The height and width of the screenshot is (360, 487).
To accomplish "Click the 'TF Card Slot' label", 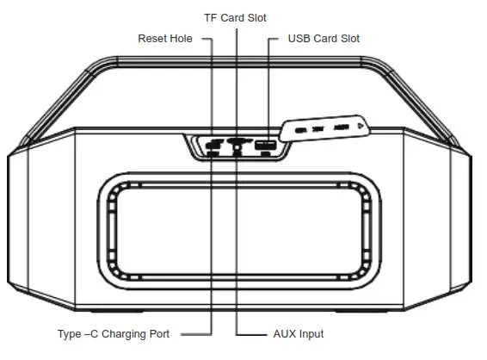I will tap(235, 17).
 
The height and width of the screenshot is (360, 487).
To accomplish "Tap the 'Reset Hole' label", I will tap(165, 39).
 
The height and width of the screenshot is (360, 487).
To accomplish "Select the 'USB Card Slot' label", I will tap(324, 39).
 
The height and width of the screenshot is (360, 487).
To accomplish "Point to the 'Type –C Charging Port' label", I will tap(113, 333).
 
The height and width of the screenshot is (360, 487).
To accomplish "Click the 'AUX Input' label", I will tap(297, 333).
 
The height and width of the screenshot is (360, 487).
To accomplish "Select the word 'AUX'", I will tap(282, 333).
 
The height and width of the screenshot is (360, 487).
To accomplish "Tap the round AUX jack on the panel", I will tap(237, 148).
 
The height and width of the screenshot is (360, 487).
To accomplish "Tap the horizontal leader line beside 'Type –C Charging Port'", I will tap(192, 333).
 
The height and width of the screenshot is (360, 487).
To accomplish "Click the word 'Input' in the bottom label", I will tap(311, 333).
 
